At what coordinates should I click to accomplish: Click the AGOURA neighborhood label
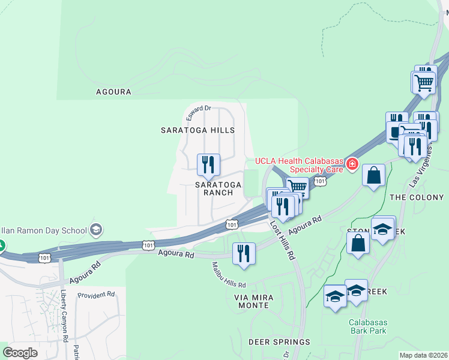113,92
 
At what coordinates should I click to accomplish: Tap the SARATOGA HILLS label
197,130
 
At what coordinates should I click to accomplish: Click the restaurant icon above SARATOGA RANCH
208,164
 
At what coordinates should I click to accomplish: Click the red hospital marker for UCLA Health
351,164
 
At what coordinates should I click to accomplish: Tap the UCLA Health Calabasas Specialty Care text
298,164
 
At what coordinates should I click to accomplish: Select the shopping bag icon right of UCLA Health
373,176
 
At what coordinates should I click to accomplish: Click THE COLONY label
417,197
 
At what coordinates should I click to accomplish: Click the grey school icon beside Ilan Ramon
95,229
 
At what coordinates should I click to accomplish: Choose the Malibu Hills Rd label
229,275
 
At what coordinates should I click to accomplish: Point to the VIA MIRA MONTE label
252,301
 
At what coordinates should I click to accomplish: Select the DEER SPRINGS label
279,342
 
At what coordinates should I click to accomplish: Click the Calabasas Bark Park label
368,326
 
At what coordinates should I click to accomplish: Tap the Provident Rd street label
96,295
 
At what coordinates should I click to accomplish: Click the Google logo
20,352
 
